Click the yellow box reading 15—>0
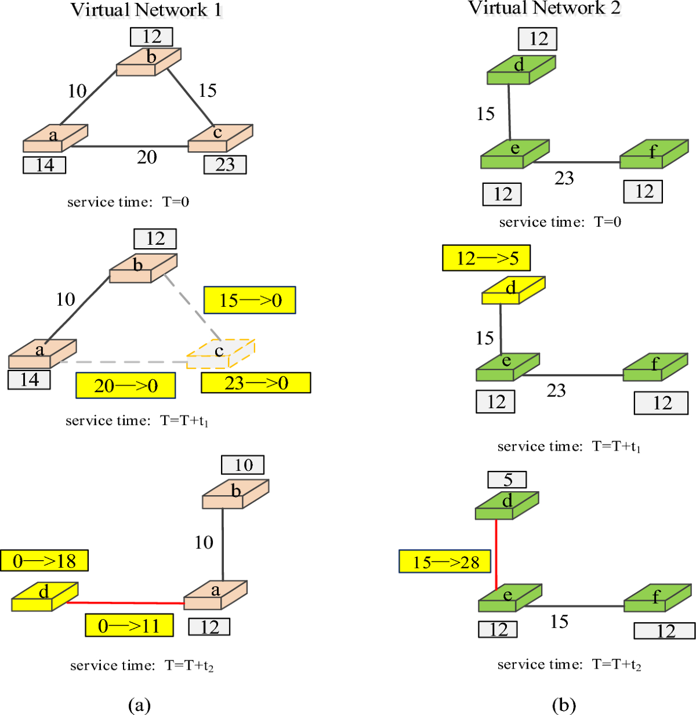coord(250,300)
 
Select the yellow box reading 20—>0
coord(125,386)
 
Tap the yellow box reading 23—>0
coord(256,383)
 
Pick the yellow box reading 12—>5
coord(486,258)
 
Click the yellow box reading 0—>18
coord(44,561)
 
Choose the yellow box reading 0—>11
coord(129,626)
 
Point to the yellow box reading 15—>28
coord(445,561)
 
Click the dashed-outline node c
coord(220,353)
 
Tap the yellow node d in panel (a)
coord(45,597)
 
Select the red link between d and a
coord(125,603)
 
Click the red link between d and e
coord(496,554)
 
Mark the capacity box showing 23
coord(225,165)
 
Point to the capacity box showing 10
coord(243,465)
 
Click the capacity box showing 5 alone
coord(507,480)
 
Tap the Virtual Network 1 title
coord(146,10)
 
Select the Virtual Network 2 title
coord(544,8)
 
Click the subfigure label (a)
coord(139,705)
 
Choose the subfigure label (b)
coord(564,705)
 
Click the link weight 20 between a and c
coord(147,157)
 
